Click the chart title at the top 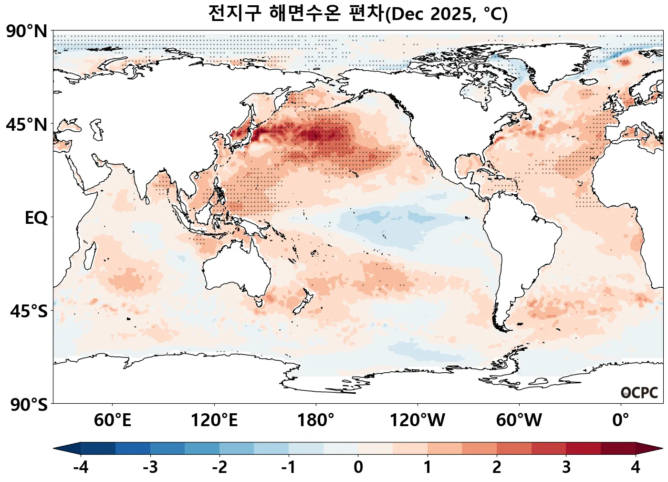pyautogui.click(x=358, y=13)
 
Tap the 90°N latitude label pyautogui.click(x=27, y=31)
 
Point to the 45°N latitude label pyautogui.click(x=27, y=125)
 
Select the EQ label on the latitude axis pyautogui.click(x=36, y=218)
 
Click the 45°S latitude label pyautogui.click(x=29, y=311)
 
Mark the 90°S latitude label pyautogui.click(x=29, y=405)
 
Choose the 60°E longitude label pyautogui.click(x=112, y=420)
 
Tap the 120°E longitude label pyautogui.click(x=214, y=420)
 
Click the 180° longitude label pyautogui.click(x=316, y=420)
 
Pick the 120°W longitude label pyautogui.click(x=417, y=420)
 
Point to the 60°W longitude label pyautogui.click(x=519, y=420)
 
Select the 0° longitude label pyautogui.click(x=621, y=420)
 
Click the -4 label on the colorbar pyautogui.click(x=81, y=467)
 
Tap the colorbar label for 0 pyautogui.click(x=358, y=467)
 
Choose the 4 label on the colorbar pyautogui.click(x=636, y=467)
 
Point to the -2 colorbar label pyautogui.click(x=219, y=467)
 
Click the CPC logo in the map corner pyautogui.click(x=639, y=393)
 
